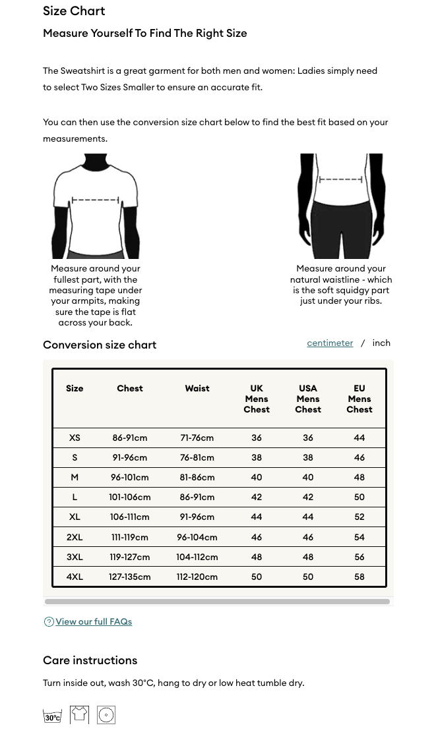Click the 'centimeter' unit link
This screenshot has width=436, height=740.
[330, 343]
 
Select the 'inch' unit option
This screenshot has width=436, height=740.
[381, 343]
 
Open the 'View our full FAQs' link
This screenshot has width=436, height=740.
[94, 621]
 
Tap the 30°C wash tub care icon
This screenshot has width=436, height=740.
[52, 715]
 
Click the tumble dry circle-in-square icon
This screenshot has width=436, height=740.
[106, 715]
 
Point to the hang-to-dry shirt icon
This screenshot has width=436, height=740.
[79, 714]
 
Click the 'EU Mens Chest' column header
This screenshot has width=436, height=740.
[359, 399]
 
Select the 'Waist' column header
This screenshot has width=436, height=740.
[197, 388]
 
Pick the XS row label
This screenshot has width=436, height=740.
[75, 438]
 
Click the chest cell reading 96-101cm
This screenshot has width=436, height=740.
[130, 477]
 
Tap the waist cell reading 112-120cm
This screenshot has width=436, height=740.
[197, 577]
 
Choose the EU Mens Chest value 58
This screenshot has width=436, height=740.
[359, 577]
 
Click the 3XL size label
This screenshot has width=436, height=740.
[75, 557]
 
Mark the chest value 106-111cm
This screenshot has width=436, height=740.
[130, 517]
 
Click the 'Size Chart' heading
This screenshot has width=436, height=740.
[74, 11]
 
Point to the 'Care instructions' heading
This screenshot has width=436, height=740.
[90, 660]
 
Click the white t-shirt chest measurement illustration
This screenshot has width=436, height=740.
[96, 206]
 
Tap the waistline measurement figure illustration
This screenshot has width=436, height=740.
[341, 206]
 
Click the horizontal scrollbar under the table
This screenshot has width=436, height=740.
[217, 601]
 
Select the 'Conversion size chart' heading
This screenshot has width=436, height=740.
[100, 345]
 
